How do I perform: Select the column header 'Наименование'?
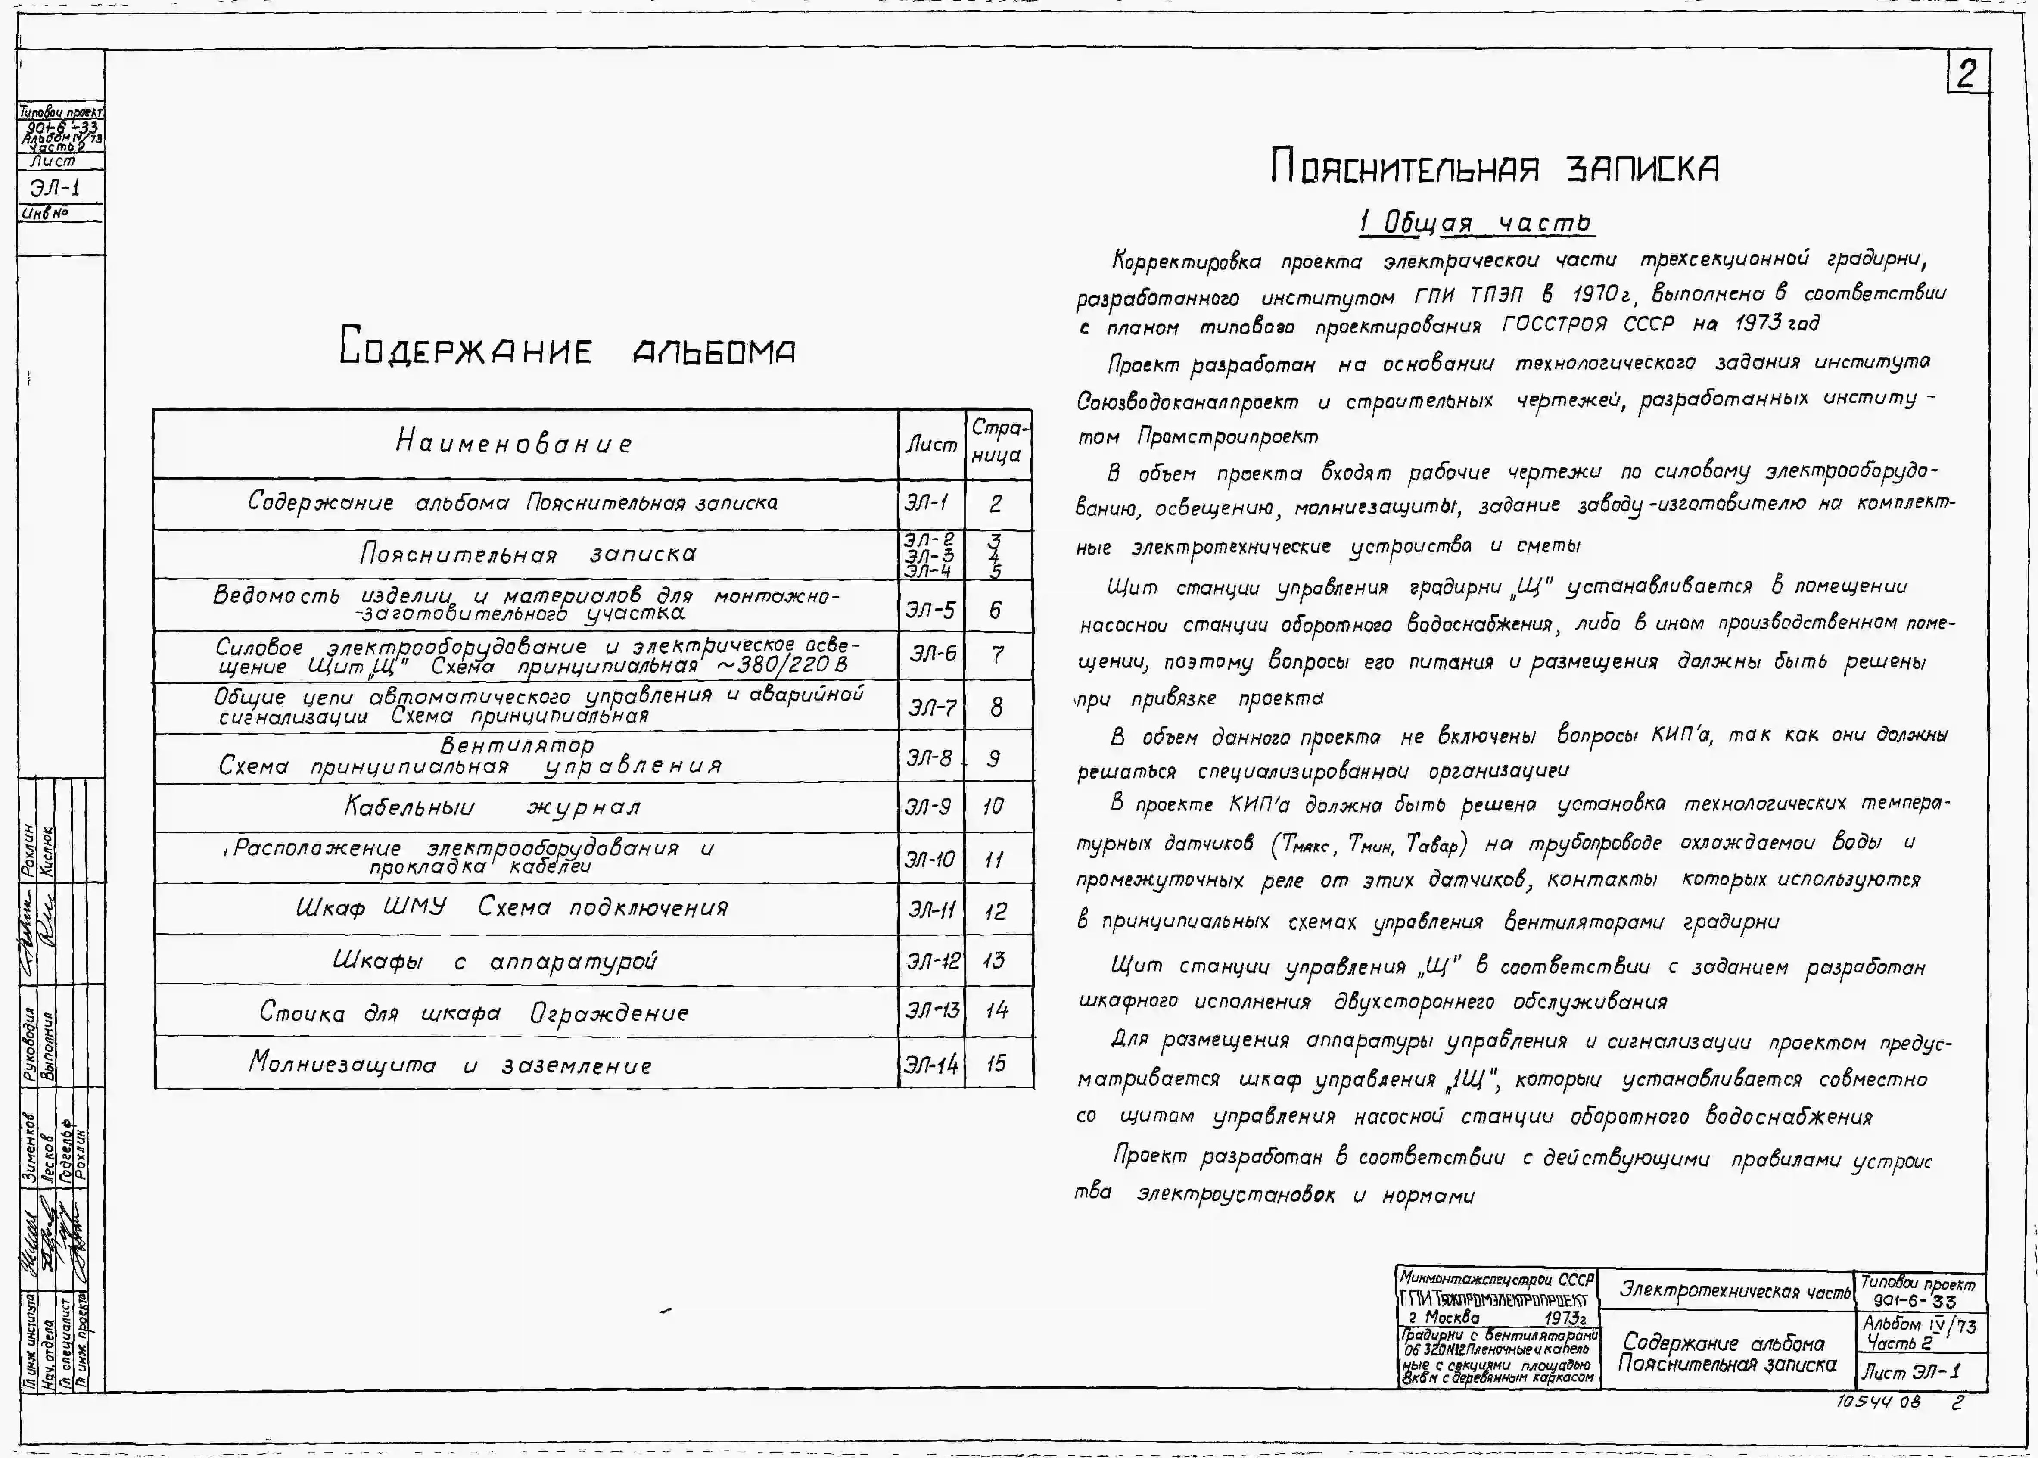[514, 442]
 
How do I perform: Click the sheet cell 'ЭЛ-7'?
[930, 707]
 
